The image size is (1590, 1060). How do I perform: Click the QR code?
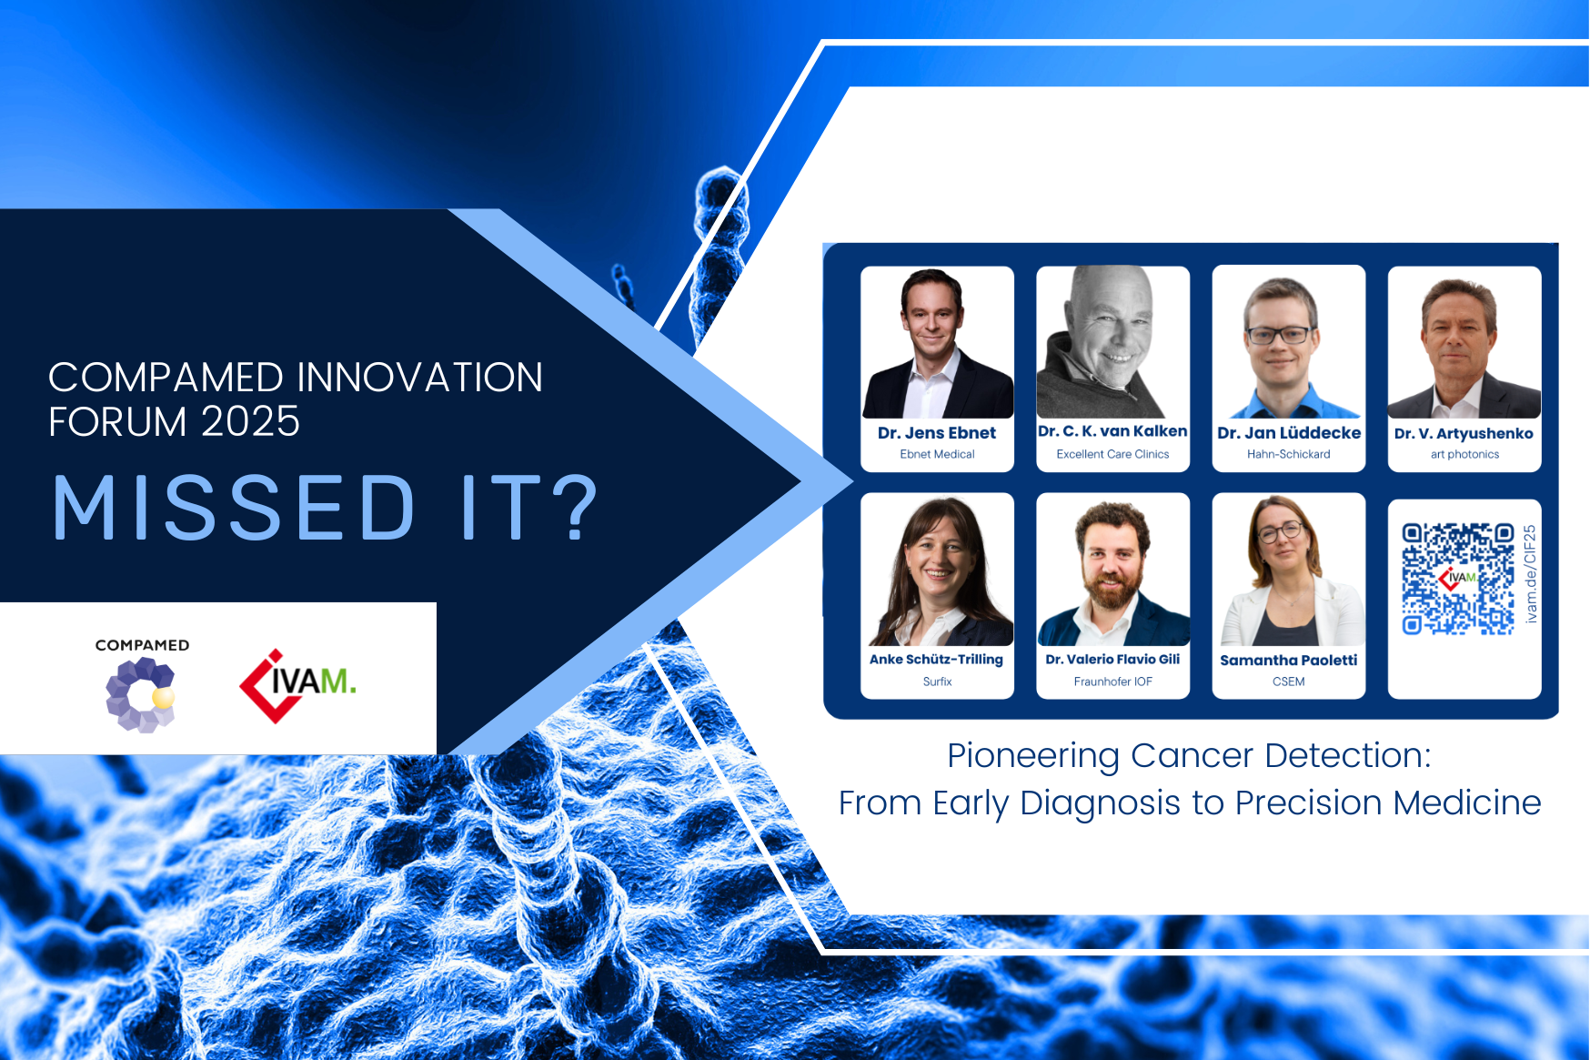[x=1457, y=579]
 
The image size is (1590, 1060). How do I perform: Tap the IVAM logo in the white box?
[x=297, y=685]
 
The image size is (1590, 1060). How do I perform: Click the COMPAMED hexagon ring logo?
[x=140, y=695]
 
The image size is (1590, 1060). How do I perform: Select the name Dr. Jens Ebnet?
[x=937, y=433]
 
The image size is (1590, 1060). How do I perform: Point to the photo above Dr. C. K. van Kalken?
[x=1112, y=342]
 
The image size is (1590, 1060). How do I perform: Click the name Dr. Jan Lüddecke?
[x=1289, y=433]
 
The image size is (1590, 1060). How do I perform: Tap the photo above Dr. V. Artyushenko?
[x=1464, y=342]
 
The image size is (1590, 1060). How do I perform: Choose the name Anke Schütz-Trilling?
[x=936, y=660]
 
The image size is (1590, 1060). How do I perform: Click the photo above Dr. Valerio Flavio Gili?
[x=1112, y=570]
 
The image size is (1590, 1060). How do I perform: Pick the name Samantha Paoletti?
[x=1288, y=660]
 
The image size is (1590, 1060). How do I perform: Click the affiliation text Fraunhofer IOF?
[x=1112, y=681]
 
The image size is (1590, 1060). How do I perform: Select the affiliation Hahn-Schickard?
[x=1288, y=454]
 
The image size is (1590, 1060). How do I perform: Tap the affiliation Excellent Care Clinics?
[x=1112, y=454]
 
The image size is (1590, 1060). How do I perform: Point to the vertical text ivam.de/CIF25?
[x=1530, y=574]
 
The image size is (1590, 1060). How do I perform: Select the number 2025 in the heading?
[x=250, y=422]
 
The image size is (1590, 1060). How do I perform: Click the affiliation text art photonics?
[x=1464, y=454]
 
